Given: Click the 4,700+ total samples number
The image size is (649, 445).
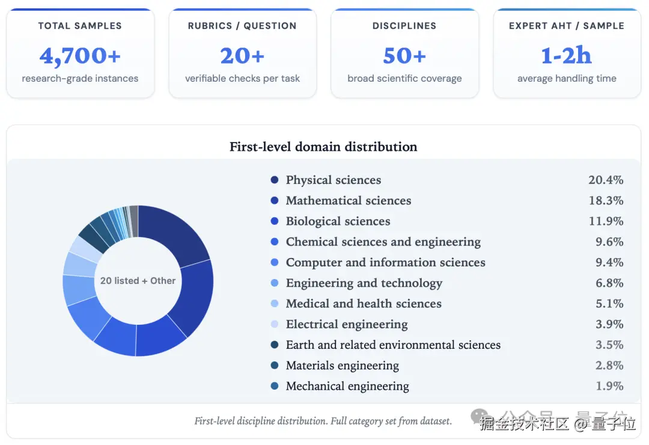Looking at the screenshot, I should [x=80, y=56].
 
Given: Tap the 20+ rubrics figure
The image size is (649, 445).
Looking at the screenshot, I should [x=242, y=56].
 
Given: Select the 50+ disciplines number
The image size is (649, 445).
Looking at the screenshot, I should [x=404, y=56].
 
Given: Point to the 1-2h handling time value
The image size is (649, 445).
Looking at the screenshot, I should [x=566, y=56].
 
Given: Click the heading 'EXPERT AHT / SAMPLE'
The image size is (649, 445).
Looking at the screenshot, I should [x=566, y=26].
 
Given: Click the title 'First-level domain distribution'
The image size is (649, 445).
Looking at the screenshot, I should [x=323, y=147].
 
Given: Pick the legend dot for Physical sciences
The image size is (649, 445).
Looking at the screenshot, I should [x=275, y=180].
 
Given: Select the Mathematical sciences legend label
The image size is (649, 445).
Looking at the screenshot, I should [x=349, y=200].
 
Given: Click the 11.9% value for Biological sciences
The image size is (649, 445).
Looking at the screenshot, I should [x=606, y=221].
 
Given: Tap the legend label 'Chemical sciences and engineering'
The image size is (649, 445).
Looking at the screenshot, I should [x=383, y=242].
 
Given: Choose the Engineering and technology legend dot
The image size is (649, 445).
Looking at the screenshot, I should [x=275, y=283].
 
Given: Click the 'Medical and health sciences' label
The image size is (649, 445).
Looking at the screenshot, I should [x=364, y=304].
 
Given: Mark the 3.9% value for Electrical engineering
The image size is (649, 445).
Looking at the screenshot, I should [x=609, y=324].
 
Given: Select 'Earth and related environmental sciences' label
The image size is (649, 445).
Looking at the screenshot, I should [x=393, y=345].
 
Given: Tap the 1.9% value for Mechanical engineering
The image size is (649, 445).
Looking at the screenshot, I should [x=609, y=386].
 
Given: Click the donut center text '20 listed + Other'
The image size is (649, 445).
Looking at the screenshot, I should [x=138, y=281].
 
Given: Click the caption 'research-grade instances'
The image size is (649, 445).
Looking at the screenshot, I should [x=80, y=78].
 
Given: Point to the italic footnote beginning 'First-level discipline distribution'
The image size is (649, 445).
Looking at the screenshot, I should [x=323, y=421].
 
